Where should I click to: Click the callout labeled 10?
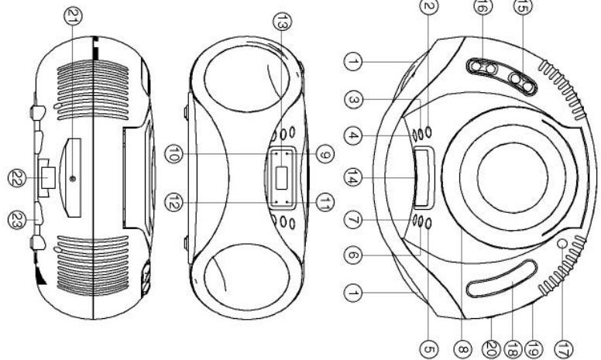tap(173, 156)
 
